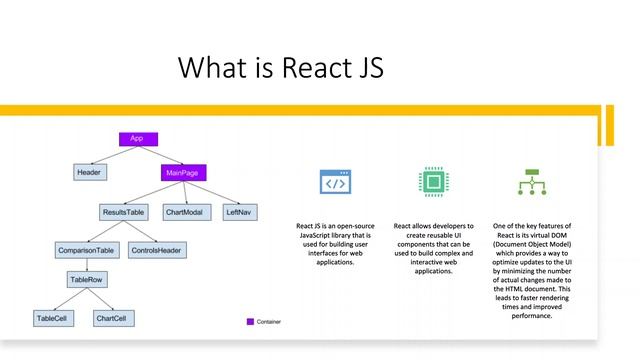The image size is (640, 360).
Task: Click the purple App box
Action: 138,138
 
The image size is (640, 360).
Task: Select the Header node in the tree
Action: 88,173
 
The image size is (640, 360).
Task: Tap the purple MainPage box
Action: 182,173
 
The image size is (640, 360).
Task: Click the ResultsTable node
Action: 123,213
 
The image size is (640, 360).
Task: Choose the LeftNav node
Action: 237,213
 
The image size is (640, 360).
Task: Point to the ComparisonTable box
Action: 86,249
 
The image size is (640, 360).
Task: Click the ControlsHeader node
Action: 155,249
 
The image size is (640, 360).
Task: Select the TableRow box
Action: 86,282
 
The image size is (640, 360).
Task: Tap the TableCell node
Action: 52,318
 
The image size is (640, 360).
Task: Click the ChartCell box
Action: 110,318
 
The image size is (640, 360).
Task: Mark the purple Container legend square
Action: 250,322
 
